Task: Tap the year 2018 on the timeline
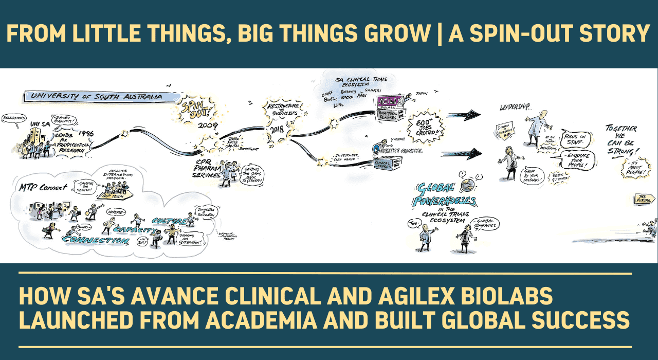tap(279, 130)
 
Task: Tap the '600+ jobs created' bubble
tap(420, 127)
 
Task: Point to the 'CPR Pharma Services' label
tap(205, 168)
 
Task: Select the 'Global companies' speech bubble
tap(484, 224)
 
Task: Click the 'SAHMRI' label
tap(380, 91)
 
